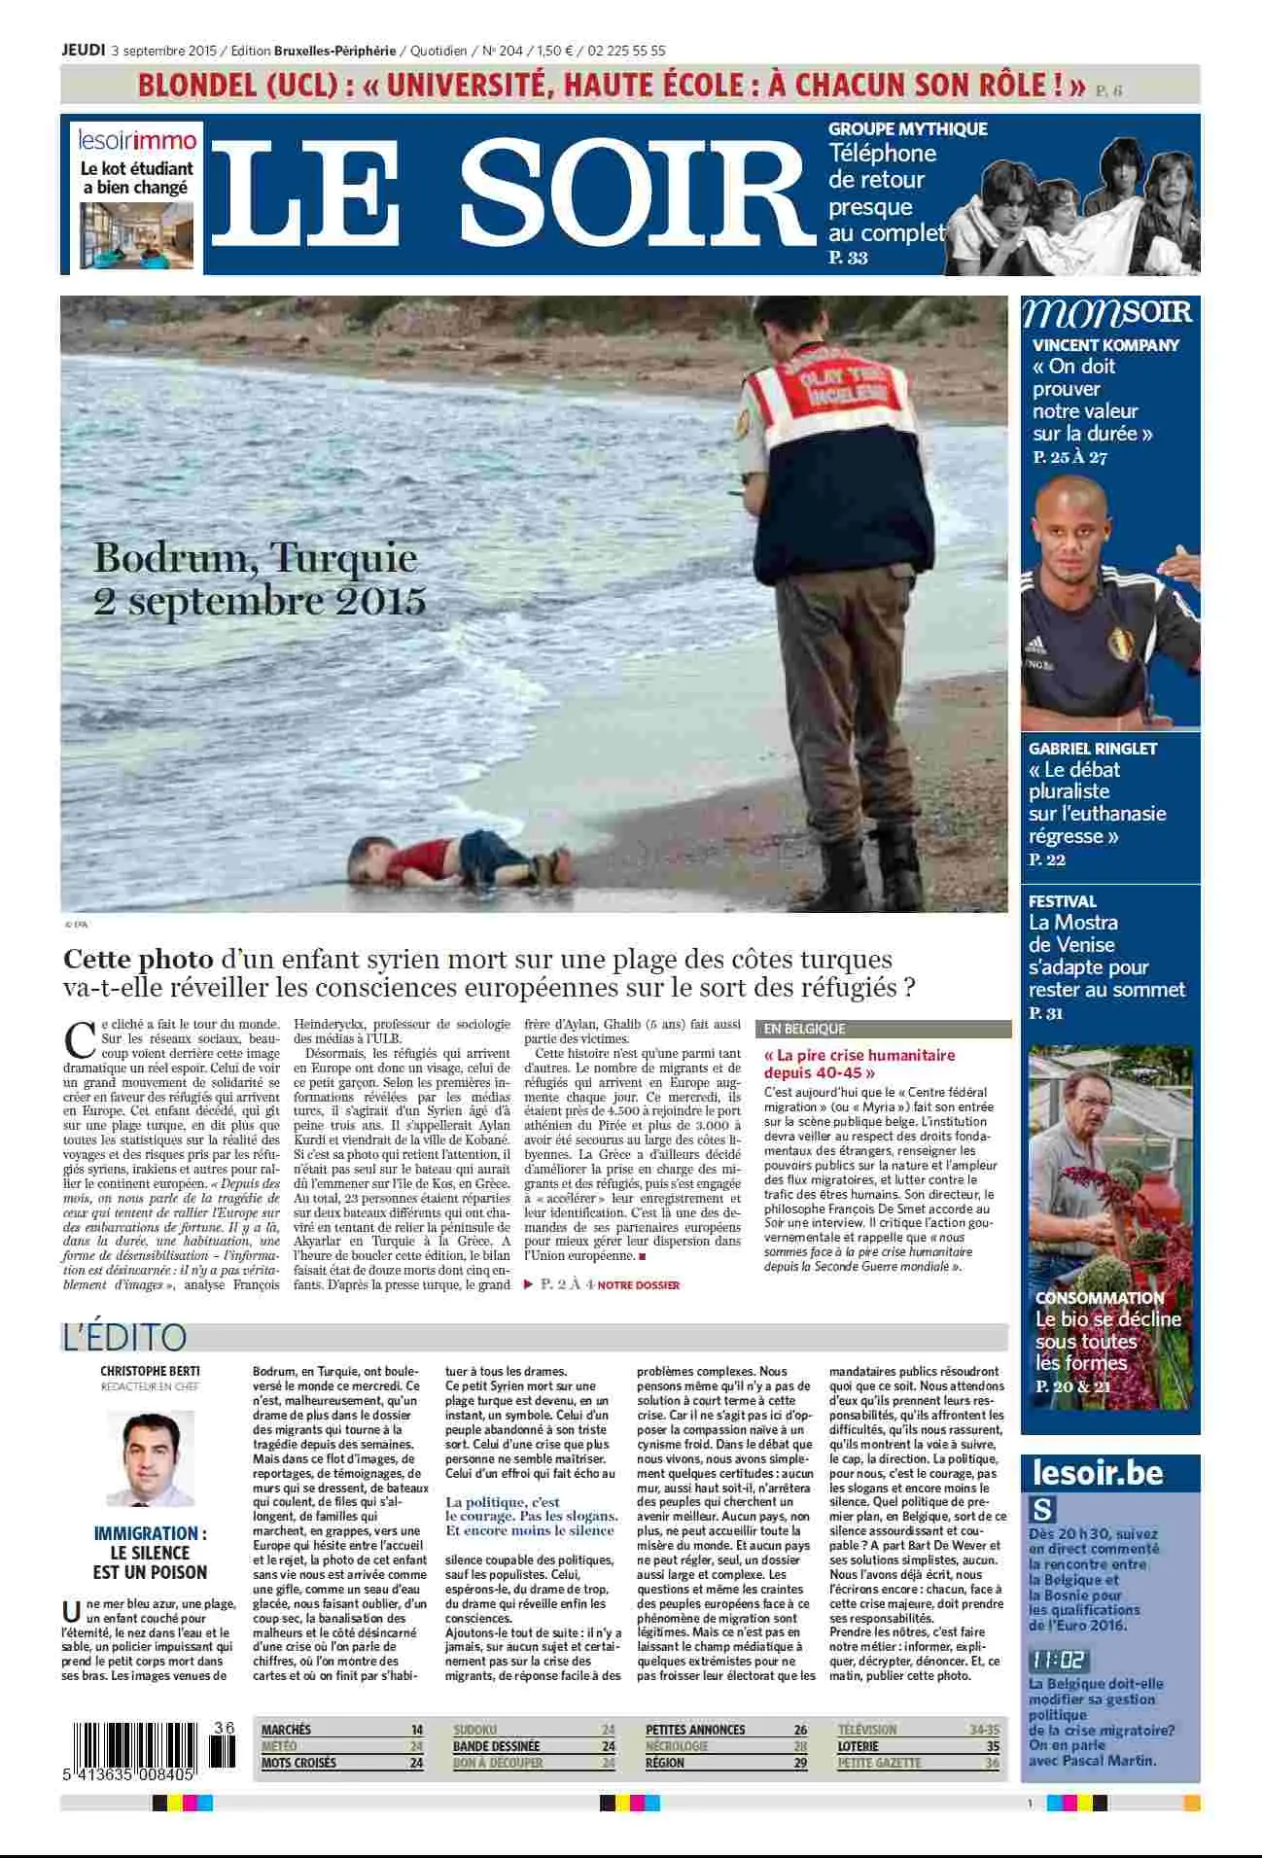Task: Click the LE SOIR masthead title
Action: pos(512,193)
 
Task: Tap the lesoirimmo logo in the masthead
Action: pos(137,140)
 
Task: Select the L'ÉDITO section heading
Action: pos(123,1337)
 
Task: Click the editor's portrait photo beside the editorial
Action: pos(150,1458)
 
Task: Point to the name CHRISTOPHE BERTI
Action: pos(150,1372)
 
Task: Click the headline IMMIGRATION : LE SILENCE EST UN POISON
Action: pos(150,1552)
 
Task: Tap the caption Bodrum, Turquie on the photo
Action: pos(256,558)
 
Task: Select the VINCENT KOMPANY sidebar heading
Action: pos(1105,345)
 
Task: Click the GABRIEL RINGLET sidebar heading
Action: pos(1093,749)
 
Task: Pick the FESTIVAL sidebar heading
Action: pos(1062,901)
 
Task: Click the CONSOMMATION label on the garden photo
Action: pos(1099,1298)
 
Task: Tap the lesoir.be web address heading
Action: pos(1098,1473)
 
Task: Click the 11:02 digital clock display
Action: pos(1057,1660)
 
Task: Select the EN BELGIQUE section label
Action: pos(804,1029)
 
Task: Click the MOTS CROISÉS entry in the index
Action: pos(298,1763)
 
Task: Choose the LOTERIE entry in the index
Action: pos(859,1746)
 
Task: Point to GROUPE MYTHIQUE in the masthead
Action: pos(907,128)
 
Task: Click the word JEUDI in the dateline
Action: pos(83,51)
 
